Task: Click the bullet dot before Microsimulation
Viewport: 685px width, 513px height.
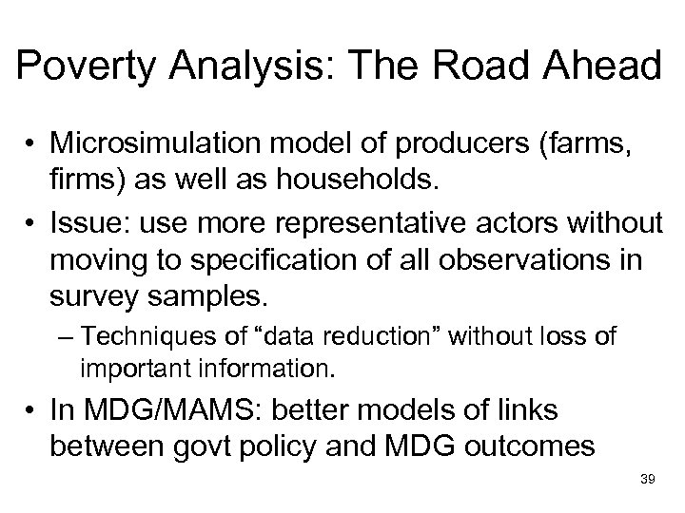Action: click(32, 145)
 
